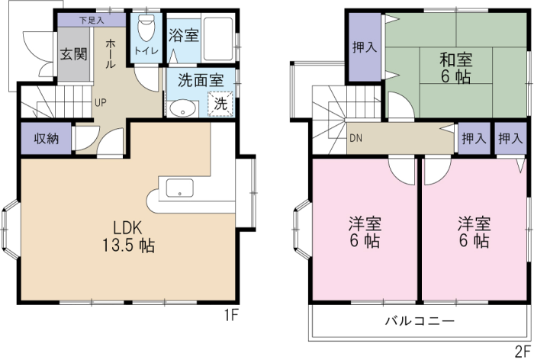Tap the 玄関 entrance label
(73, 54)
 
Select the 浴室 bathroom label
(184, 35)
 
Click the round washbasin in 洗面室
(183, 108)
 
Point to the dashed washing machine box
(220, 104)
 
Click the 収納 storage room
(47, 138)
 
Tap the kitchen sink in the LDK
(180, 188)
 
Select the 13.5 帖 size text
(129, 246)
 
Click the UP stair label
(101, 102)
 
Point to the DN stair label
(356, 139)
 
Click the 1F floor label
(230, 316)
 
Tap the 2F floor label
(523, 351)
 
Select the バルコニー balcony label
(420, 321)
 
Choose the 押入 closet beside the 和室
(365, 47)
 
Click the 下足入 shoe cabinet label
(92, 20)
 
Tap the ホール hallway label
(110, 54)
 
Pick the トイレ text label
(146, 51)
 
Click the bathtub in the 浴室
(218, 38)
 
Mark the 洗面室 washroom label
(201, 80)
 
